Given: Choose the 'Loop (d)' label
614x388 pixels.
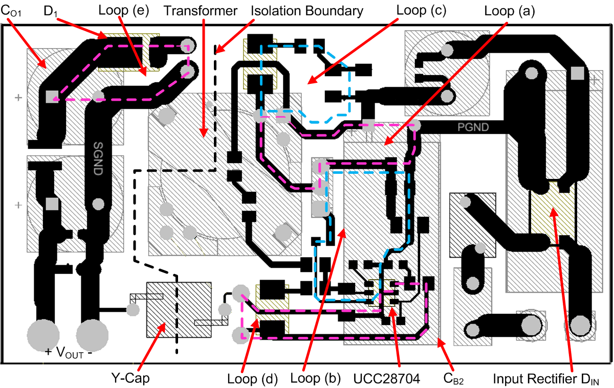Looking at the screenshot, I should (x=252, y=379).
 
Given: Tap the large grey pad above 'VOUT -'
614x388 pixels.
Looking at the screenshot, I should (x=92, y=335).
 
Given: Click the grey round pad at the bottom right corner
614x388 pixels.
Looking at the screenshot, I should (x=580, y=325).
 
